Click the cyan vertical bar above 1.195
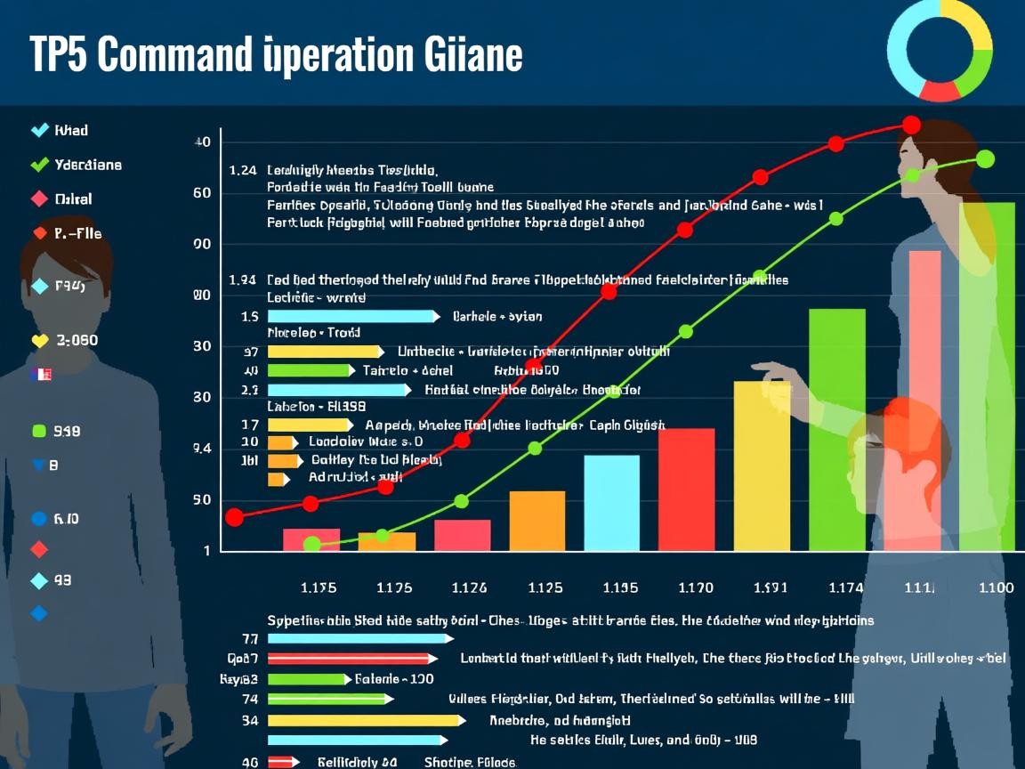click(611, 503)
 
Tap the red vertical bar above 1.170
click(686, 490)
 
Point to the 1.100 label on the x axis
click(995, 587)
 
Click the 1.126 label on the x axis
click(469, 587)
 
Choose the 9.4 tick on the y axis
click(202, 449)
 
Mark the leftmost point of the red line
click(234, 517)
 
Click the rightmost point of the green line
click(985, 158)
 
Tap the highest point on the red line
click(911, 125)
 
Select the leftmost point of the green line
click(311, 544)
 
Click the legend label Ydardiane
click(88, 165)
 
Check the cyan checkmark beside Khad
click(39, 130)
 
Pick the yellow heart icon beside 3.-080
click(39, 340)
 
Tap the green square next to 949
click(38, 432)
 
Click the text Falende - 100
click(394, 679)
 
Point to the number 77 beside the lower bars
click(249, 638)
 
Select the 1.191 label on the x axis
click(771, 587)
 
